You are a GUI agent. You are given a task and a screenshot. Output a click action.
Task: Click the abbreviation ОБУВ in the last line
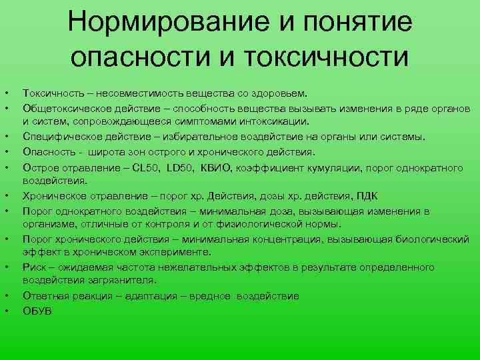37,310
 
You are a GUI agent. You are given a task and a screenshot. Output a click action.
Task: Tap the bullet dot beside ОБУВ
6,310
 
